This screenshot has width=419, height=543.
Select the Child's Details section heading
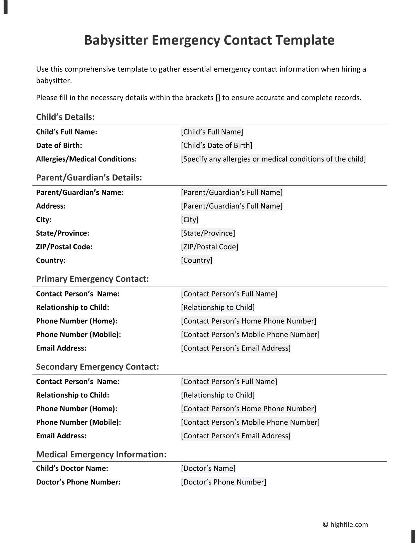point(65,117)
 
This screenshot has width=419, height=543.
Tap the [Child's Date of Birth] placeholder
point(216,145)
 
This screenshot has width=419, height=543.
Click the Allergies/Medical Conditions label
point(86,159)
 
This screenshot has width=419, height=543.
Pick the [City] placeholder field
point(190,220)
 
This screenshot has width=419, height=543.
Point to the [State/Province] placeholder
point(208,233)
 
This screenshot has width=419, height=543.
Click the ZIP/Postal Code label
point(64,247)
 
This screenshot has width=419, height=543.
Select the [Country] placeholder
point(197,260)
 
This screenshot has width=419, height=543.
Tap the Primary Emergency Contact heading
point(92,279)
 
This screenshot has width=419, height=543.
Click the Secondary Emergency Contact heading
point(97,367)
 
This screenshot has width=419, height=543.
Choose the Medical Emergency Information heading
point(101,455)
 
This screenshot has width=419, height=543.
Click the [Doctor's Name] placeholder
point(208,468)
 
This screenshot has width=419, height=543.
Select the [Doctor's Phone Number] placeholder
point(223,482)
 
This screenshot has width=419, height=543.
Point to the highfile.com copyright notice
point(345,525)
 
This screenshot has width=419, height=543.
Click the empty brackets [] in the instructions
point(218,98)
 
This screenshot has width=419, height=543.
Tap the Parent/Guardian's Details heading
point(89,178)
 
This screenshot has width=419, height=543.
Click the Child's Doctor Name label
point(72,468)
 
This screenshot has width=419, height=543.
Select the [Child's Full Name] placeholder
point(212,132)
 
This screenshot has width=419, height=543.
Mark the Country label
point(51,260)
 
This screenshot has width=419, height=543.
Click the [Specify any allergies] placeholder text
point(273,159)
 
